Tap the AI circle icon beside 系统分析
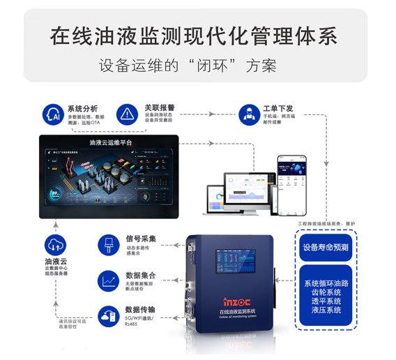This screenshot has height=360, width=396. pos(51,113)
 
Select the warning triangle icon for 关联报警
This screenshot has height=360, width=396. pos(127,113)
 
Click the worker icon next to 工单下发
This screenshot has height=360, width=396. pos(246,113)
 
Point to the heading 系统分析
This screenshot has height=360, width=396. pos(82,108)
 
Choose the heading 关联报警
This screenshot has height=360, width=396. pos(159,108)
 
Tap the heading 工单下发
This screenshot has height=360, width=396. pos(277,108)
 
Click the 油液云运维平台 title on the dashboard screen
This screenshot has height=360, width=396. pos(111,142)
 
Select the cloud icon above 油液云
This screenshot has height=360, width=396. pos(55,245)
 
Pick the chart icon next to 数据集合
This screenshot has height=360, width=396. pos(109,280)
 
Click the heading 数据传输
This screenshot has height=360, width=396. pos(140,310)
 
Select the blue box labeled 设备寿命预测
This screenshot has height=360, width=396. pos(326,247)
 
